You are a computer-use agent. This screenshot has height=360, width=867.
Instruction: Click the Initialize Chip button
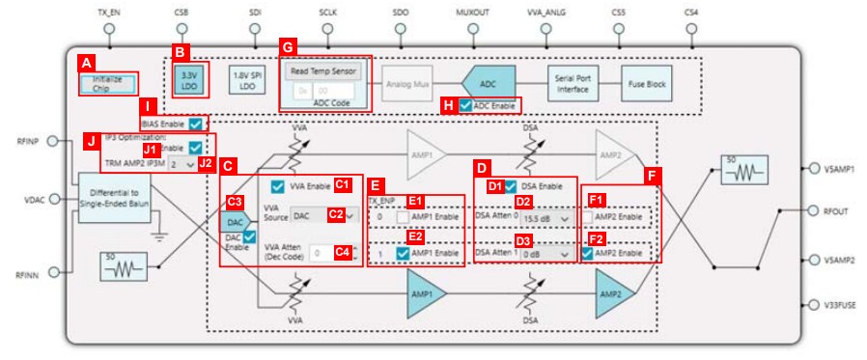tap(108, 83)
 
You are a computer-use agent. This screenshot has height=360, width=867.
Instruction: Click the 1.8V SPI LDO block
tap(246, 78)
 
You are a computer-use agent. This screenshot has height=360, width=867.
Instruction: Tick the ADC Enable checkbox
tap(467, 104)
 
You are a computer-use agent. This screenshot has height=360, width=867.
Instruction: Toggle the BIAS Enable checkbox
tap(196, 125)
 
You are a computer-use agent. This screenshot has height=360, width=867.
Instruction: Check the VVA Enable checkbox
tap(278, 185)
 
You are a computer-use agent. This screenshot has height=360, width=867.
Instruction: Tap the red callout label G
tap(287, 46)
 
